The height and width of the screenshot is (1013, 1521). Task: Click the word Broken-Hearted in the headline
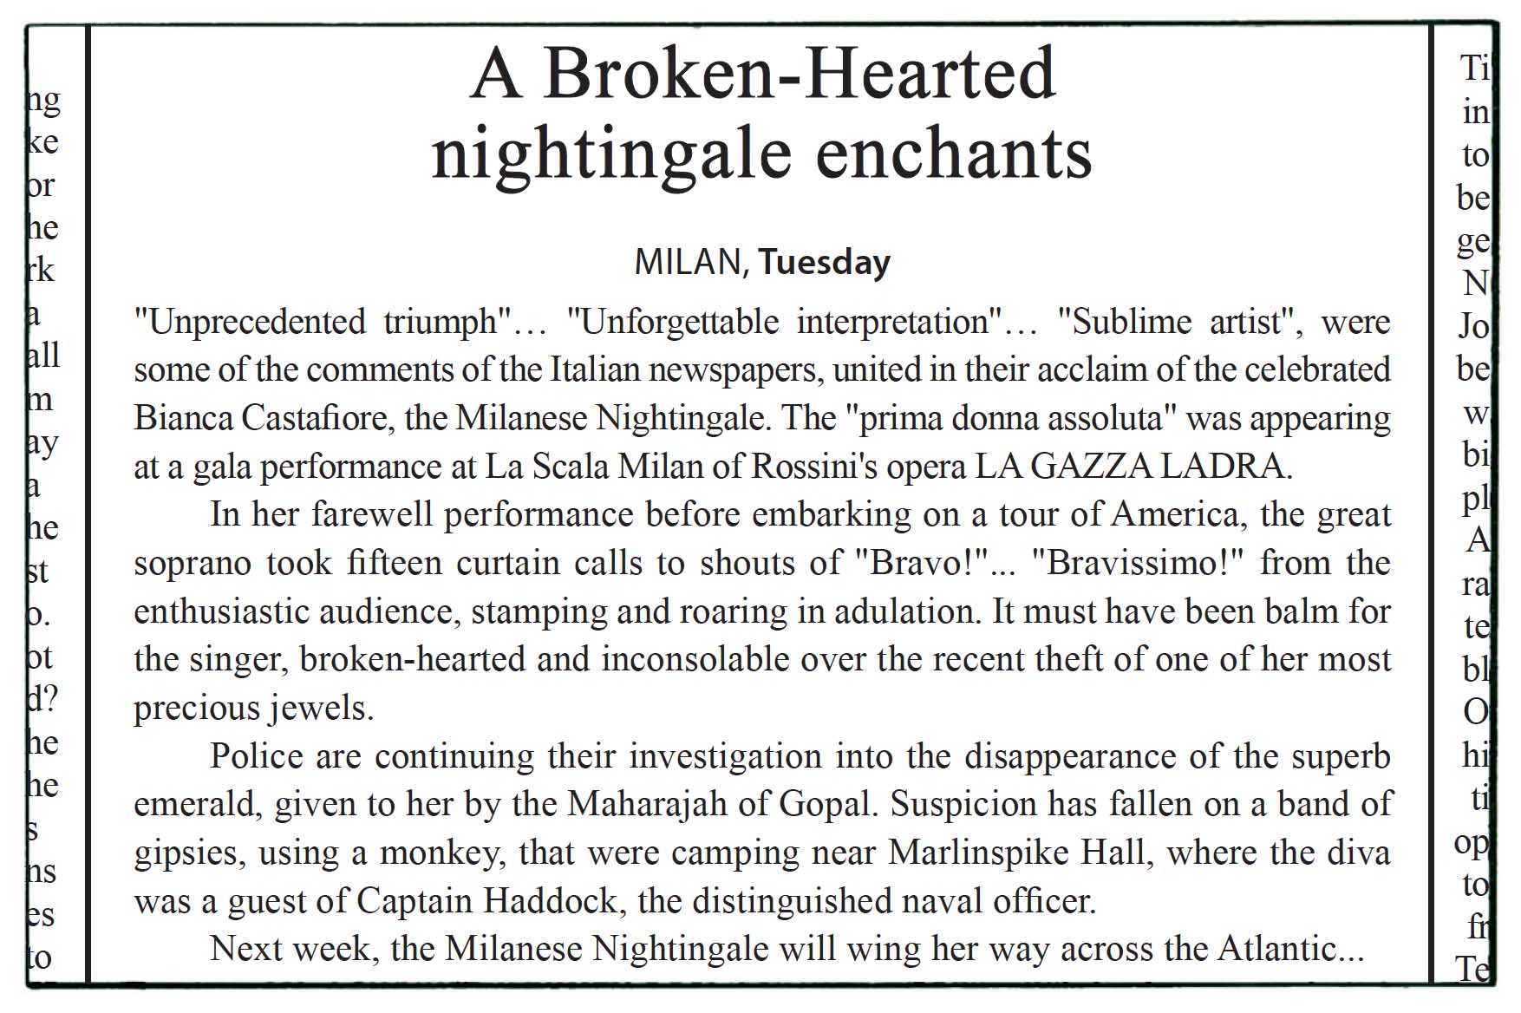(x=800, y=75)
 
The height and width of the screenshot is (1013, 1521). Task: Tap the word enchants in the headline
(x=954, y=154)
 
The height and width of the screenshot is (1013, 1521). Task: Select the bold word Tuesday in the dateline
(x=824, y=262)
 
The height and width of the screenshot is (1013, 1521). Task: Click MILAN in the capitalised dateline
(x=691, y=262)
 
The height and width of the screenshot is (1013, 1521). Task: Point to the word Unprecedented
(x=255, y=323)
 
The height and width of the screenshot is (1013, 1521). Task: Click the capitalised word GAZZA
(x=1091, y=467)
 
